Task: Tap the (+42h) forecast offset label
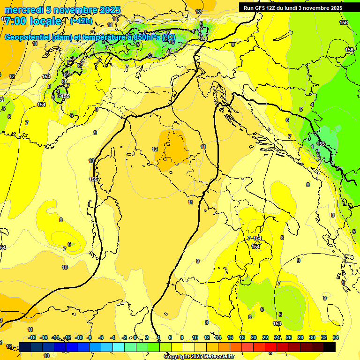[81, 21]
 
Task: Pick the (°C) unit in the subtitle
[169, 37]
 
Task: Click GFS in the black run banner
[262, 8]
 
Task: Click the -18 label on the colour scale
[32, 337]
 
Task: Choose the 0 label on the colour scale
[135, 337]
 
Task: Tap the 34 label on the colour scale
[336, 337]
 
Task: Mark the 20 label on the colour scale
[254, 337]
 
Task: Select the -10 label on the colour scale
[79, 337]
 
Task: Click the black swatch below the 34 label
[330, 347]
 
